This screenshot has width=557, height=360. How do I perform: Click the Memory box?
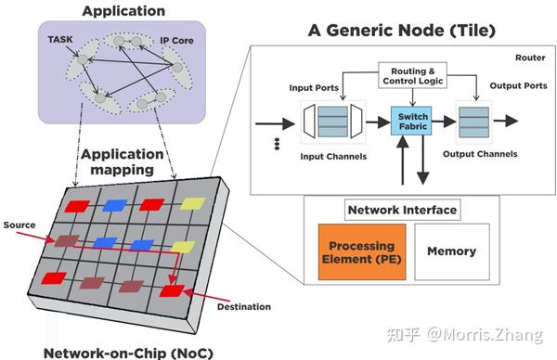point(451,251)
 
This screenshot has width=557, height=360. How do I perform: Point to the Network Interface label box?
point(402,210)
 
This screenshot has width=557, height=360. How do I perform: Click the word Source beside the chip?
point(20,225)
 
